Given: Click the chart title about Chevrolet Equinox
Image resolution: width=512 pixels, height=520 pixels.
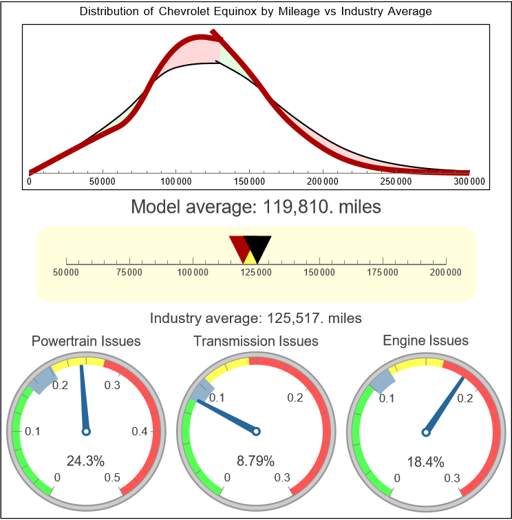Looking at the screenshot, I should tap(256, 11).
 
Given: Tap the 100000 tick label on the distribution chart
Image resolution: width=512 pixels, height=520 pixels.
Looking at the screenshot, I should tap(175, 182).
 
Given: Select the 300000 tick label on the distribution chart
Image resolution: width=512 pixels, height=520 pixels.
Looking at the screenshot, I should tap(470, 182).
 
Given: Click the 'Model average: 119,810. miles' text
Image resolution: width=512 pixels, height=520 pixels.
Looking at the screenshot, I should tap(256, 207).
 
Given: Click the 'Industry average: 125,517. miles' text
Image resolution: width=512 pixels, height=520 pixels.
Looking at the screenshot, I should tap(256, 318).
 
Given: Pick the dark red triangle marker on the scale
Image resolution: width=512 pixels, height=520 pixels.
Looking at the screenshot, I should tap(239, 246).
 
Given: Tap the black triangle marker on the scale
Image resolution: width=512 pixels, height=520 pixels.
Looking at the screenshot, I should tap(258, 247).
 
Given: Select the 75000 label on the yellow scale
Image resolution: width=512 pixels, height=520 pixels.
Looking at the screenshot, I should tap(129, 273).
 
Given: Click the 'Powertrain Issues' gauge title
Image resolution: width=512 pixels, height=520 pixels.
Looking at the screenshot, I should tap(86, 341).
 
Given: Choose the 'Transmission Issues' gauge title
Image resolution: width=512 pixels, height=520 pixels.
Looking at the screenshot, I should tap(256, 341).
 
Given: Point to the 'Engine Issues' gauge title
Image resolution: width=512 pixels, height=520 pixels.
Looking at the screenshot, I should tap(425, 340).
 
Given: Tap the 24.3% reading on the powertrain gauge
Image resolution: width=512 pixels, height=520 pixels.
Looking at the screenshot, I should tap(86, 461).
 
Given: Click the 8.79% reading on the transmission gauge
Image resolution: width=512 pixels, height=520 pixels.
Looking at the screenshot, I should tap(256, 461).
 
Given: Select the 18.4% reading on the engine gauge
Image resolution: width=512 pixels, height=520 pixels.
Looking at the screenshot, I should tap(425, 461).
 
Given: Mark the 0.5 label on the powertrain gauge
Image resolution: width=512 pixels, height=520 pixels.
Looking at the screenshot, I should tap(113, 478).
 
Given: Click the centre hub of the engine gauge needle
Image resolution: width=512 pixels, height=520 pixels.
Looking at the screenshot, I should tap(425, 431).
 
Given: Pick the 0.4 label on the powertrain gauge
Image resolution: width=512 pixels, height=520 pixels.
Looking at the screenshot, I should tap(140, 431).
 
